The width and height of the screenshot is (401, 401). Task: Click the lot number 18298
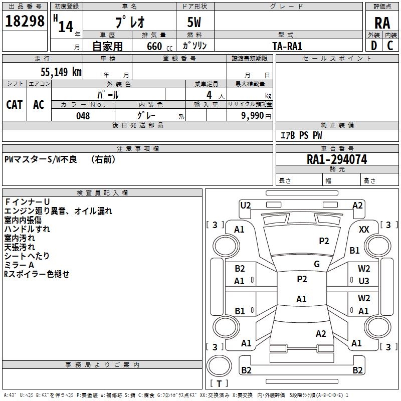point(25,22)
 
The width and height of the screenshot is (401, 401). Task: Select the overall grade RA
point(382,23)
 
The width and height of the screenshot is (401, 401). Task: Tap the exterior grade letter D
point(374,46)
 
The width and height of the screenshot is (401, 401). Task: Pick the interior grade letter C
point(390,46)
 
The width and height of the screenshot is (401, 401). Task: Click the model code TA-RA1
point(287,46)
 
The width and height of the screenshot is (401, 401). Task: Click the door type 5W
point(195,23)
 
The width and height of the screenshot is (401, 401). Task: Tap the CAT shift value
point(14,104)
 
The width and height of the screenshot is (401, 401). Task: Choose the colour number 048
point(83,116)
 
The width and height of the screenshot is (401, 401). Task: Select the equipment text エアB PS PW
point(301,136)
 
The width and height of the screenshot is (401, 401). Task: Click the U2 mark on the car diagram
point(246,205)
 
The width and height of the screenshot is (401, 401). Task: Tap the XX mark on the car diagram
point(364,229)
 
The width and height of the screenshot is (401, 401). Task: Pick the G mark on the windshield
point(317,264)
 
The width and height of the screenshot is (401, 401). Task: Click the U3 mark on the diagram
point(364,281)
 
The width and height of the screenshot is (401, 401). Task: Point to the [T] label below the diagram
point(219,384)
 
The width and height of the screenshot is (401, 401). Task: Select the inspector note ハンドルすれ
point(27,229)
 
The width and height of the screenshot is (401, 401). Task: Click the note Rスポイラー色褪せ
point(37,274)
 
